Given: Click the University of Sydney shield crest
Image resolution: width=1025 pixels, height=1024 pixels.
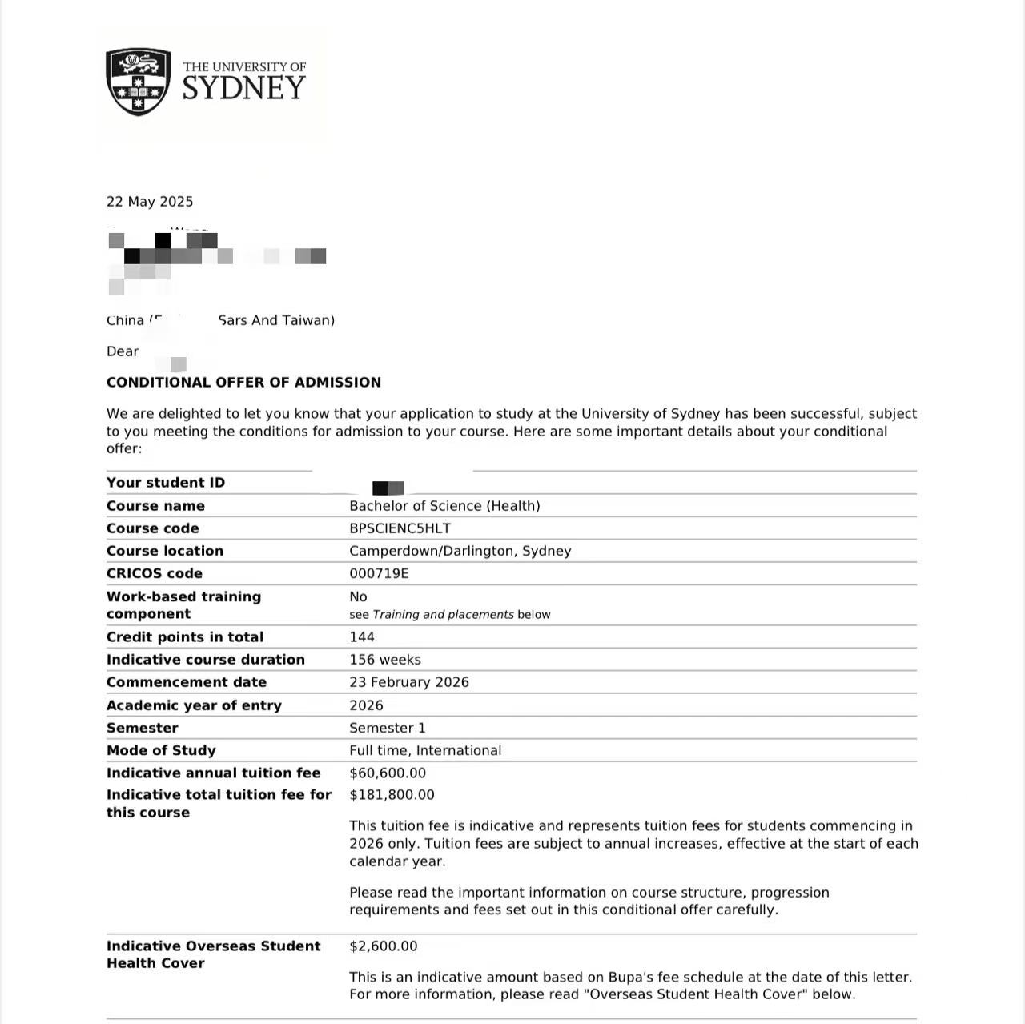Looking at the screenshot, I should (139, 82).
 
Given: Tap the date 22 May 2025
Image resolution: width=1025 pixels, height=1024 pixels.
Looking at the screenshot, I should (150, 202).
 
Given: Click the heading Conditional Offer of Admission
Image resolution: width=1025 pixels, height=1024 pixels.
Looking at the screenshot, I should (243, 383).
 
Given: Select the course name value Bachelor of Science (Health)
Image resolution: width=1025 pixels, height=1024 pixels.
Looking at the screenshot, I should (444, 506).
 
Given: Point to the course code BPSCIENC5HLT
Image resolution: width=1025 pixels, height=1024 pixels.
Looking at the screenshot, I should (400, 528).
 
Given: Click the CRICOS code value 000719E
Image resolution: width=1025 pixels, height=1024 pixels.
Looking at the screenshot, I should (379, 573).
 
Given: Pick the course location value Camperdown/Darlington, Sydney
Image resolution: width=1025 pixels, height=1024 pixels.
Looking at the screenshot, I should (460, 551).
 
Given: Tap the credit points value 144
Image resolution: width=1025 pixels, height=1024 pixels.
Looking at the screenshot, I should (362, 637).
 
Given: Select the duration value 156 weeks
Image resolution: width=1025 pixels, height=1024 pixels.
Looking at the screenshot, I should (384, 660).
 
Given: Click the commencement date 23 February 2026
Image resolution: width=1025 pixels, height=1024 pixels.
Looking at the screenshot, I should (408, 682).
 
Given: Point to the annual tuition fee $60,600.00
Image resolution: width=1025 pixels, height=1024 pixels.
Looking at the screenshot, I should (388, 773).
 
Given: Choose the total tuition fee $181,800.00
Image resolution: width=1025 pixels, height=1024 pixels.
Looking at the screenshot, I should (392, 795).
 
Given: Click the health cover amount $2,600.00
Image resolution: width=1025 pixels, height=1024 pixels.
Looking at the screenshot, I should (383, 946).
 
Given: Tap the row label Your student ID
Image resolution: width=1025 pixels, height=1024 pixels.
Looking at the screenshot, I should (166, 483).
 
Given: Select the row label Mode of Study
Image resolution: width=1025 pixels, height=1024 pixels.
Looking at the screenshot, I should (161, 751).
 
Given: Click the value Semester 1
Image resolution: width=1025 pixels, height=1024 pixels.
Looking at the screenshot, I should (387, 728).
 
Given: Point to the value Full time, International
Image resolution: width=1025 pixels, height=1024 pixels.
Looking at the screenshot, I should (424, 751).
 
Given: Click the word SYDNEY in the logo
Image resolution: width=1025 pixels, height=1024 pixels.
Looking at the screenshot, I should (243, 89).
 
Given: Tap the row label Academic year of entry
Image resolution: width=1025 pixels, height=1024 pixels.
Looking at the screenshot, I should (194, 705).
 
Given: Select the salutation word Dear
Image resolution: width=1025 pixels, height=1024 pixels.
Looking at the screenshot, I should (123, 351).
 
